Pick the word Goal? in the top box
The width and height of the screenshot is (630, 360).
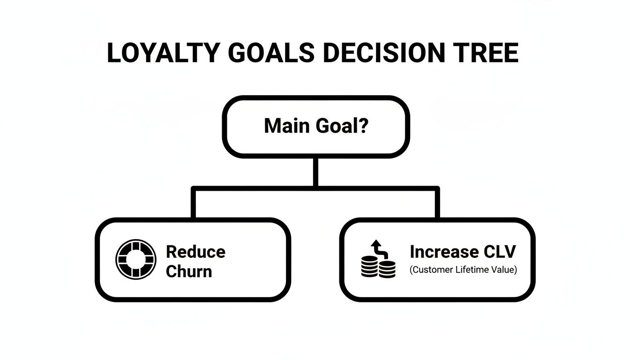[x=341, y=126]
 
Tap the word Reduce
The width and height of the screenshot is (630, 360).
[x=195, y=252]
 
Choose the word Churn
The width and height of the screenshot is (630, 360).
[x=188, y=271]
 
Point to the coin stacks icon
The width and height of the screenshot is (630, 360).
[x=378, y=268]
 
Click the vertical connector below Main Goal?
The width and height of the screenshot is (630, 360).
[x=315, y=172]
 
